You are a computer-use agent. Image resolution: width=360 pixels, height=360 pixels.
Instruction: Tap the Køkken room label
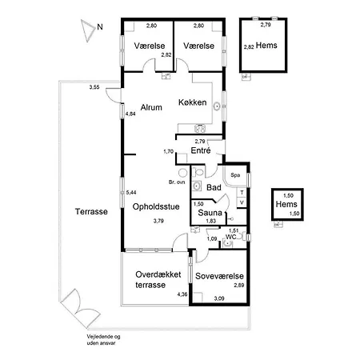(x=194, y=103)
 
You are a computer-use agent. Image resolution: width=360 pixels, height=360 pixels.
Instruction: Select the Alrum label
(x=151, y=106)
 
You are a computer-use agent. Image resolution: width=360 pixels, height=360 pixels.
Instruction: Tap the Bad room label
(x=214, y=187)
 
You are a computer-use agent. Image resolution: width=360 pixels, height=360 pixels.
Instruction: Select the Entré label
(x=202, y=150)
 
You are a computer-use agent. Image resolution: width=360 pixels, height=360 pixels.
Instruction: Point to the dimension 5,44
(x=132, y=193)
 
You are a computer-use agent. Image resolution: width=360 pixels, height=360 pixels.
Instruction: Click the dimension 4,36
(x=182, y=295)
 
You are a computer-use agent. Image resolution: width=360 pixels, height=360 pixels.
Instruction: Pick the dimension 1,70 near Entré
(x=168, y=151)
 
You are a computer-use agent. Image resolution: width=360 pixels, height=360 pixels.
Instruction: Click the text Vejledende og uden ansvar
(x=105, y=340)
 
